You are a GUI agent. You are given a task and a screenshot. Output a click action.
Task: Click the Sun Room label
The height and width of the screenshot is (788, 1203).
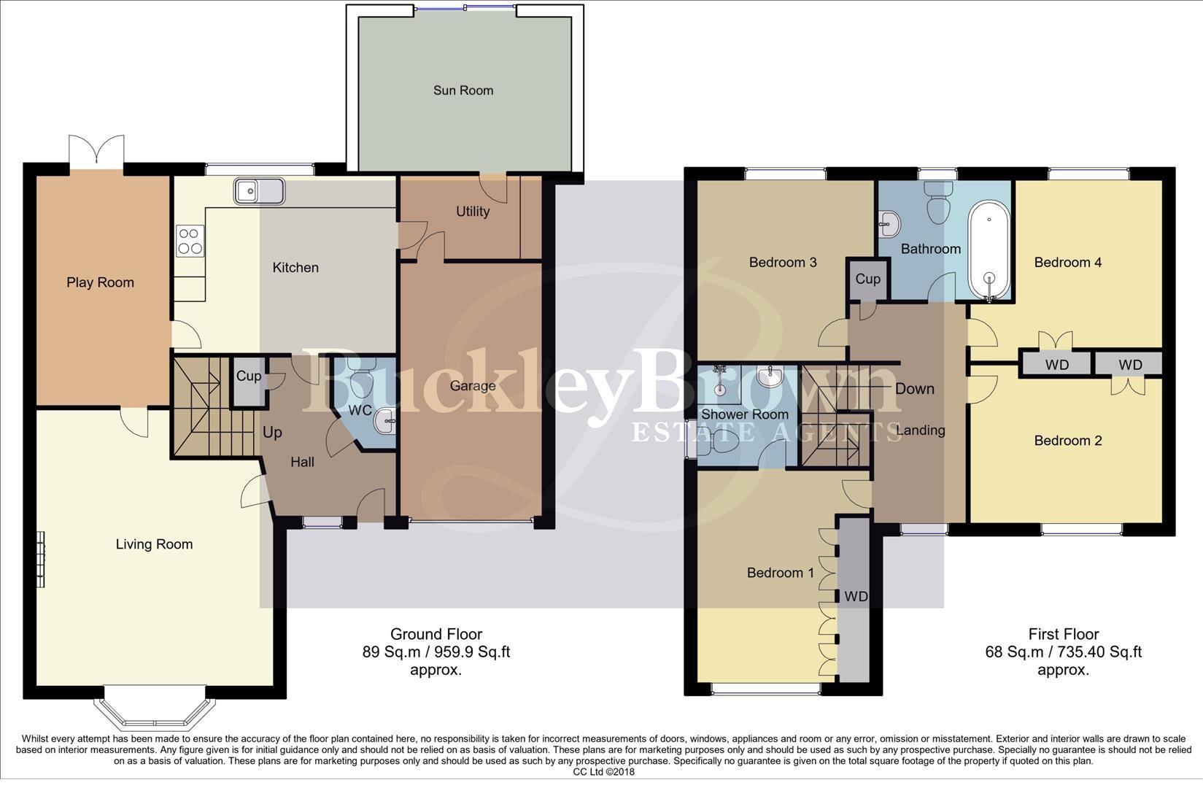[x=463, y=90]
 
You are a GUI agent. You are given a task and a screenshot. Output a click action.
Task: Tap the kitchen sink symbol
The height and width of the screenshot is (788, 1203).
[x=259, y=191]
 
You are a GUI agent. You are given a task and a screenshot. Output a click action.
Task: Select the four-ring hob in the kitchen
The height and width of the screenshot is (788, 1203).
[x=190, y=241]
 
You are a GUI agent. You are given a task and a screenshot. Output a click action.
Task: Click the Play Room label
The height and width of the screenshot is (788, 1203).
[x=100, y=282]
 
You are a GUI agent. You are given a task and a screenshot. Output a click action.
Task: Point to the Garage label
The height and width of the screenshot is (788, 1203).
[x=472, y=386]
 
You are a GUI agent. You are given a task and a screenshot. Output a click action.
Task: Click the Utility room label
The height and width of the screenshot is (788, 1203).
[x=472, y=212]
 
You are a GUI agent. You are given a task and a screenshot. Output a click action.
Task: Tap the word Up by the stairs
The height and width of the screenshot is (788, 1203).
[x=272, y=432]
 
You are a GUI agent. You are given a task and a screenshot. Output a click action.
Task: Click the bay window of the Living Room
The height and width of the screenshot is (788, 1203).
[x=155, y=708]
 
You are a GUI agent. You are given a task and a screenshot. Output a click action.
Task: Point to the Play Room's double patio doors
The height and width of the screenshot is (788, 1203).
[x=96, y=151]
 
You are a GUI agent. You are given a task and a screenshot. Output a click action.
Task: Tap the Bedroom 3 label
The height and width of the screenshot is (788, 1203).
[x=782, y=263]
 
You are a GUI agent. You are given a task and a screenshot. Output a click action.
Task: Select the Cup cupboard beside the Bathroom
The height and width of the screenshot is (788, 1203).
[x=867, y=279]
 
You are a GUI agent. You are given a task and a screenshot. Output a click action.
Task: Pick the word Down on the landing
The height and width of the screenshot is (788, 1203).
[x=914, y=389]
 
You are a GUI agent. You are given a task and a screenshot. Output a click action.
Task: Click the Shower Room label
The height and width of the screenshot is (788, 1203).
[x=744, y=414]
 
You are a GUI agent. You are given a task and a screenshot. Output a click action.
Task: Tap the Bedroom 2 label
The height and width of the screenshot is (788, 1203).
[x=1067, y=441]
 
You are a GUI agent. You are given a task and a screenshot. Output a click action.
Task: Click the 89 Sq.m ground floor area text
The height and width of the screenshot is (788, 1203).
[x=436, y=652]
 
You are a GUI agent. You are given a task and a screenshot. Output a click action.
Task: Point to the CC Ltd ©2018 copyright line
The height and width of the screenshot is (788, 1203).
[x=603, y=772]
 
